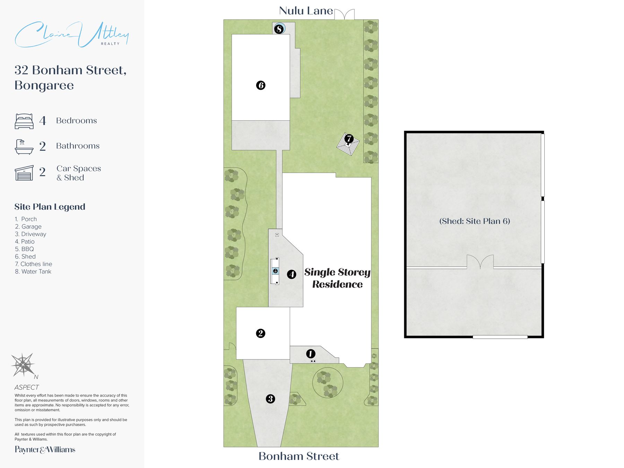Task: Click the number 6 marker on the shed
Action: click(x=261, y=85)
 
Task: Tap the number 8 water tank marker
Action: click(x=279, y=29)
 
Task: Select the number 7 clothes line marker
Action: click(x=349, y=139)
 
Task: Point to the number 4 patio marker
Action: click(x=292, y=275)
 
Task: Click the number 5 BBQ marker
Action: click(x=275, y=271)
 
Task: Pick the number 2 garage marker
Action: click(x=260, y=333)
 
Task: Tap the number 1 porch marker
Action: click(x=311, y=354)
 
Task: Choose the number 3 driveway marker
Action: click(x=270, y=399)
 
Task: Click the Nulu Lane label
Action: click(x=306, y=11)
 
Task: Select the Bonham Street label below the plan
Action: click(x=299, y=456)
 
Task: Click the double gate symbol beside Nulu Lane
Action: click(x=345, y=15)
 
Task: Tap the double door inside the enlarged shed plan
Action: click(x=480, y=262)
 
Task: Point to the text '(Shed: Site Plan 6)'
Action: click(x=475, y=221)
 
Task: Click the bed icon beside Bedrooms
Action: click(x=24, y=121)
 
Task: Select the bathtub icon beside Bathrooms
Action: click(x=24, y=147)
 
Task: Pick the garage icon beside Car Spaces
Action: click(x=24, y=173)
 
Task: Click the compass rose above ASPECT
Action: click(x=23, y=365)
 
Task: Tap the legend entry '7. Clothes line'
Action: click(x=33, y=264)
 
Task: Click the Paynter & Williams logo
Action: click(x=45, y=450)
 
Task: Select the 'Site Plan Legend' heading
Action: click(x=50, y=207)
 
